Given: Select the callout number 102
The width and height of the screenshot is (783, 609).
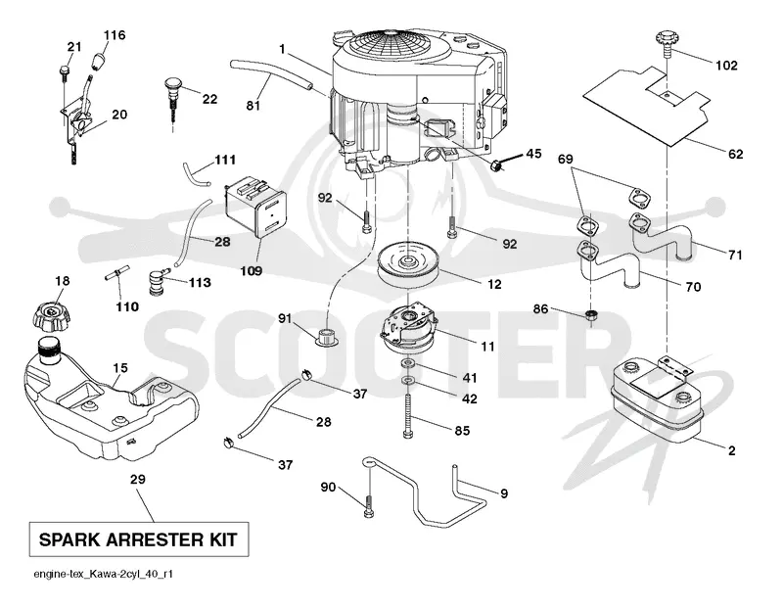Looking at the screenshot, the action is (726, 66).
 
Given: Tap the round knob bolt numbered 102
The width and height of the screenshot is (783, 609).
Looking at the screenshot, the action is (667, 41).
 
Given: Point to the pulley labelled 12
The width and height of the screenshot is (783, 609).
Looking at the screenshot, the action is (408, 264).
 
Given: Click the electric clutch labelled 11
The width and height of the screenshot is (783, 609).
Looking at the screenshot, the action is (408, 328).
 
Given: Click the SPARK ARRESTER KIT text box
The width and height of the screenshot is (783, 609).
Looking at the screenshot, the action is (139, 539).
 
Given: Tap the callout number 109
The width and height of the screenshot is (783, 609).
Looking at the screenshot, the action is (251, 271).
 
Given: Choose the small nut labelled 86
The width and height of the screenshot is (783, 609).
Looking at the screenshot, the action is (592, 315).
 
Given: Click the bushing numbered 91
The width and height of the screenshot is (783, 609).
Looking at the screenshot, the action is (327, 337).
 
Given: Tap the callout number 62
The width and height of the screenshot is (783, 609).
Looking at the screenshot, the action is (736, 155).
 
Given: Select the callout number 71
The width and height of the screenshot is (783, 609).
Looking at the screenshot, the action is (735, 256).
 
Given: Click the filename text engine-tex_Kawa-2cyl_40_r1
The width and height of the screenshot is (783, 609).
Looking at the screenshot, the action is (104, 574).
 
